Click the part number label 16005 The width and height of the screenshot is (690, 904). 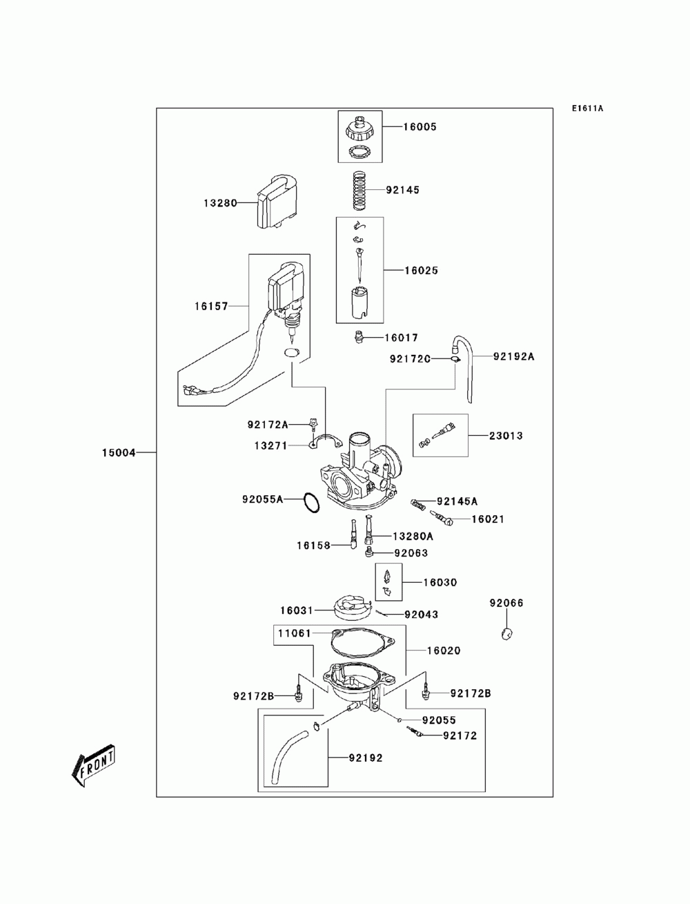(x=420, y=127)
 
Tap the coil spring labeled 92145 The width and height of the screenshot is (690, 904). (x=360, y=190)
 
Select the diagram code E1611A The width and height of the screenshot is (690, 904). (x=587, y=108)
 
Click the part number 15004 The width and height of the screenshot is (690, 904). (x=119, y=453)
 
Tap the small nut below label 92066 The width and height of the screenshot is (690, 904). (x=506, y=634)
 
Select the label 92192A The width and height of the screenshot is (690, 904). (x=513, y=356)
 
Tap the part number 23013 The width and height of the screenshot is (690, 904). (x=506, y=436)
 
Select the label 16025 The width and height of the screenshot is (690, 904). (x=422, y=271)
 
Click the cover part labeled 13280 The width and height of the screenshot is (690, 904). (x=276, y=202)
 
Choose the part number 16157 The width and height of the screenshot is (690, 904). (x=211, y=307)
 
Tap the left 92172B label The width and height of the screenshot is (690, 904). (x=253, y=696)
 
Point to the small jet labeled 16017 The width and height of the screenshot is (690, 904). (x=359, y=337)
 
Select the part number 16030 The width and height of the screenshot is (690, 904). (x=440, y=582)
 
